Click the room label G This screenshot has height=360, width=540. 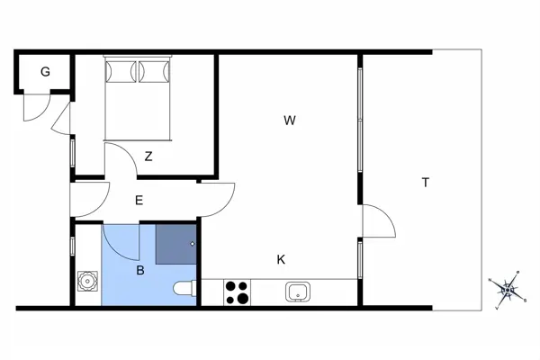pos(44,72)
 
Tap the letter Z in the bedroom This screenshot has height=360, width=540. pos(148,156)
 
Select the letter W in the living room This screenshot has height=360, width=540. pos(289,120)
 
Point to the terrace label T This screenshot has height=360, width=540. pos(426,183)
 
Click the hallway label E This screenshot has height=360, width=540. pos(139,201)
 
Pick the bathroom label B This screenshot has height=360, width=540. pos(140,269)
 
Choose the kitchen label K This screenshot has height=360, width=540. pos(281,259)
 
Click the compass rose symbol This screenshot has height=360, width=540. pos(508,288)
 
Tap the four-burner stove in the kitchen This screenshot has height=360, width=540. pos(238,292)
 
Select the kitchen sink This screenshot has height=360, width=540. pos(299,292)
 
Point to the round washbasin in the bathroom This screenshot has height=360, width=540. pos(87,282)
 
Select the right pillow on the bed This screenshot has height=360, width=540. pos(154,69)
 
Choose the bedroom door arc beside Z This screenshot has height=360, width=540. pos(123,162)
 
